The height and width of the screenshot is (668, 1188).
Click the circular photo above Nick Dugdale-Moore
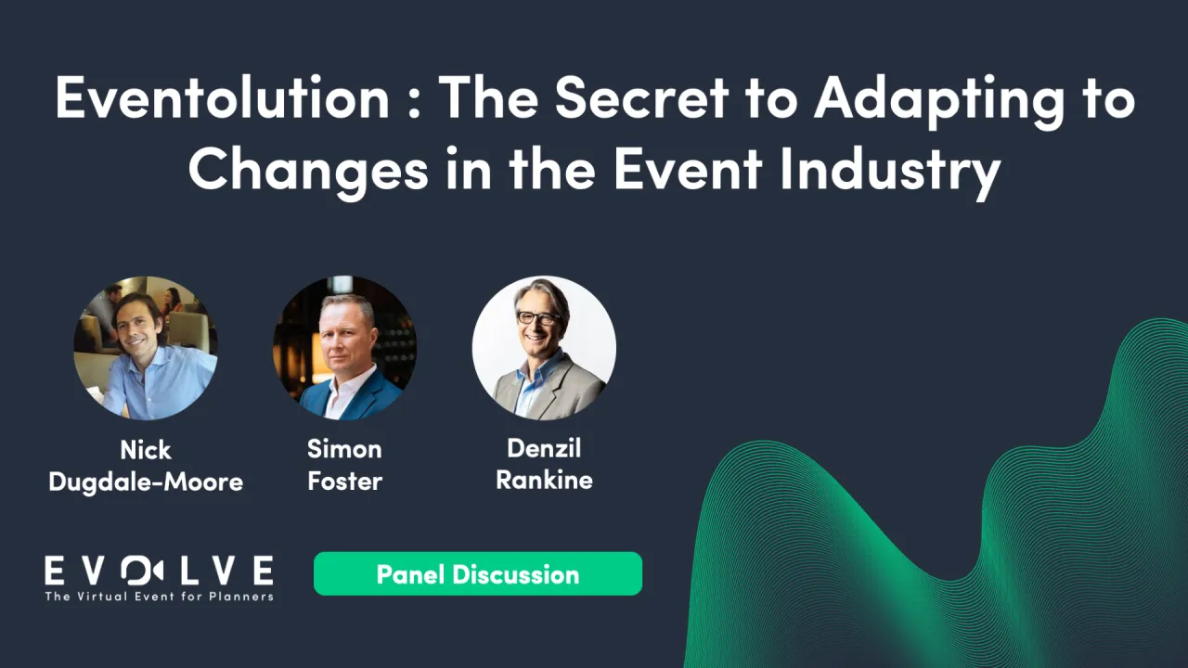tap(146, 348)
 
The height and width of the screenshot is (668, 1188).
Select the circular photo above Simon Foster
tap(344, 348)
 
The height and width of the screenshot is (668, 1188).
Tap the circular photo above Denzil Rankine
tap(544, 348)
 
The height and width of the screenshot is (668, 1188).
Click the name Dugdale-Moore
tap(146, 482)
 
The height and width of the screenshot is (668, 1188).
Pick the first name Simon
tap(344, 449)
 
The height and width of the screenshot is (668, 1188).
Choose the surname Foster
tap(344, 481)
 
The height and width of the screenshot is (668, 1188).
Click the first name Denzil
tap(544, 447)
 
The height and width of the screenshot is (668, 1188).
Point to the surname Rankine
tap(544, 480)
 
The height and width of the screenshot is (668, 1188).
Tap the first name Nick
tap(146, 450)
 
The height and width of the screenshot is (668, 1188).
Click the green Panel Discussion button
tap(478, 573)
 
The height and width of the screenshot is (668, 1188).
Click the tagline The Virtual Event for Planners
tap(159, 596)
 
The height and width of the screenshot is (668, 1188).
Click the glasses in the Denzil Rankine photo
tap(537, 317)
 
